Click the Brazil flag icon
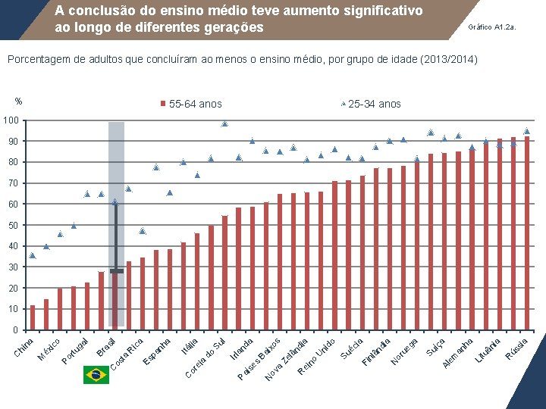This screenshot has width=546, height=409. coord(96,374)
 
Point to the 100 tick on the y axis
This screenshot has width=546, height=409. coord(10,121)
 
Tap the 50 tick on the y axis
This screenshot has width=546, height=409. coord(13,226)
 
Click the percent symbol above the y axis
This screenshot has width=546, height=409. coord(18,101)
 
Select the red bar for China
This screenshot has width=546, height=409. coord(33,317)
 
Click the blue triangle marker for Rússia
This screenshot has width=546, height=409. coord(527,131)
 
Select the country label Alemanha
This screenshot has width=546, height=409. coord(458,352)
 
